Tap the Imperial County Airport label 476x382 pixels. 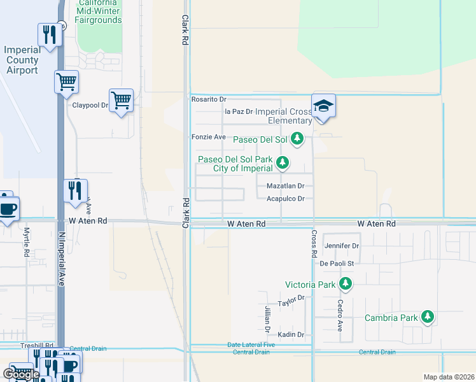[x=21, y=60]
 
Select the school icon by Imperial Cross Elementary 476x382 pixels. [x=323, y=106]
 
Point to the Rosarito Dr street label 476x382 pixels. [x=209, y=99]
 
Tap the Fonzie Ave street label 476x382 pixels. [x=209, y=137]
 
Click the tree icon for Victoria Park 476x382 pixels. [x=345, y=283]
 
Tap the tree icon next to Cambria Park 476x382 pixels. [x=428, y=316]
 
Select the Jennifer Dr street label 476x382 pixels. [x=342, y=245]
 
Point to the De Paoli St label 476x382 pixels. [x=337, y=262]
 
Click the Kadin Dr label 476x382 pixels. [x=291, y=334]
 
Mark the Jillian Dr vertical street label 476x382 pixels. [x=268, y=318]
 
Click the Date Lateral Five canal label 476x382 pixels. [x=251, y=345]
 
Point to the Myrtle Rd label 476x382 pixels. [x=27, y=242]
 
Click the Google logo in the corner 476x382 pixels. [x=20, y=374]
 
